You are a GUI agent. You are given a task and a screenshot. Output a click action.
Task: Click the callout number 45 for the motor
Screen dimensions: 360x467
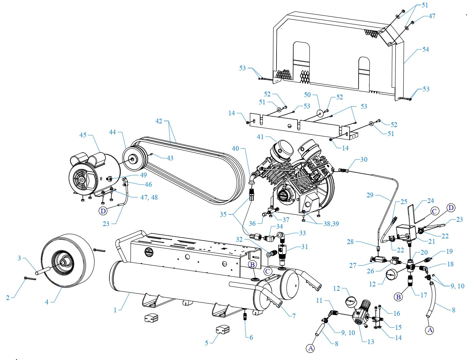83,135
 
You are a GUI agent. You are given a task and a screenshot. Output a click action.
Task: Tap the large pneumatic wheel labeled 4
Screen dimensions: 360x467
67,260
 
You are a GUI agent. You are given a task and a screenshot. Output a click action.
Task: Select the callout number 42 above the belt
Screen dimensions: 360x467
159,121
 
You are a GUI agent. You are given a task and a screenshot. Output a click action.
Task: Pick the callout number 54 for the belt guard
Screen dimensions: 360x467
426,49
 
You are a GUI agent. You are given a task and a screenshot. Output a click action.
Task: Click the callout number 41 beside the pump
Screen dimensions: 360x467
260,137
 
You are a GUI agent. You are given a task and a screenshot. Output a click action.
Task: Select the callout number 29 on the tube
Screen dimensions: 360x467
370,195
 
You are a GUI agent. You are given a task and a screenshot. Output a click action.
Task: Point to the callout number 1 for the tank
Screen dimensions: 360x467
115,310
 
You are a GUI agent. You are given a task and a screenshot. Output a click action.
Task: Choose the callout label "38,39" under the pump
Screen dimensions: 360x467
331,224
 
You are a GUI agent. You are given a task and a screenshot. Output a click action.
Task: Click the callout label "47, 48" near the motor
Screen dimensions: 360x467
149,197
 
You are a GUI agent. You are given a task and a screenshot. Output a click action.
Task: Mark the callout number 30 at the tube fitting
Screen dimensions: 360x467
364,159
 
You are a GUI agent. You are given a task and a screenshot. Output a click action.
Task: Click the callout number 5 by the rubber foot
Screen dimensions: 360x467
206,343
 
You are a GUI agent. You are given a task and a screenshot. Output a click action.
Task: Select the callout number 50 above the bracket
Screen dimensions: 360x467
307,95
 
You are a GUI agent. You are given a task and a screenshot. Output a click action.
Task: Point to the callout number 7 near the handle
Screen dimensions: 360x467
294,316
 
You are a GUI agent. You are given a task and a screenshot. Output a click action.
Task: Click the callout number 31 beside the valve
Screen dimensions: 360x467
304,247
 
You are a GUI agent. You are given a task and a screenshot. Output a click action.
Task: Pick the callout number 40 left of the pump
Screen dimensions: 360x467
236,148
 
